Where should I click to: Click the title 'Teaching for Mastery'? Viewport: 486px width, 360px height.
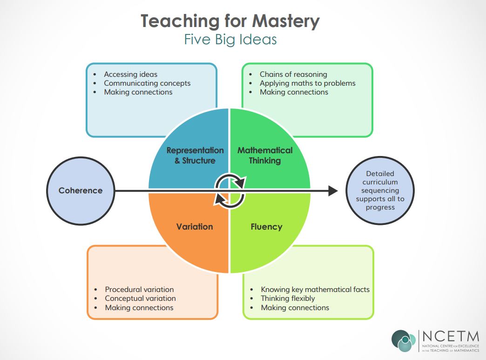[230, 21]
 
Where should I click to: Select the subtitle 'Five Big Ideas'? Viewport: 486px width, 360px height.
[230, 40]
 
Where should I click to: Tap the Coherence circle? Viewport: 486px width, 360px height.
[81, 190]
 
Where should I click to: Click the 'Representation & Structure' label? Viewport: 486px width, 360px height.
[195, 156]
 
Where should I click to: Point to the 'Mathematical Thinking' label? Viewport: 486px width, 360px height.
[265, 156]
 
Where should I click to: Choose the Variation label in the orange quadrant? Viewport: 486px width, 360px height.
[195, 227]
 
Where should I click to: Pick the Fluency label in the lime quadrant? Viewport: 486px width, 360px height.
[266, 227]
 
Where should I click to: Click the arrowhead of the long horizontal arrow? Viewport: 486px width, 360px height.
[332, 190]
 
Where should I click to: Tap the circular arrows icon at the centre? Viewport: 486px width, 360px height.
[229, 190]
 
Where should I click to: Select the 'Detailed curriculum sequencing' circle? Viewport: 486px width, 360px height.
[380, 190]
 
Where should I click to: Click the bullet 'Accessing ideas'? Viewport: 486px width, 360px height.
[130, 75]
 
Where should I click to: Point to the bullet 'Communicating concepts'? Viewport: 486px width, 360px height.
[147, 83]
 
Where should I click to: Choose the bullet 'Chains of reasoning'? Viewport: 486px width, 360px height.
[293, 75]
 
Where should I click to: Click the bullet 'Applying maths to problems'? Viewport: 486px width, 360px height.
[307, 83]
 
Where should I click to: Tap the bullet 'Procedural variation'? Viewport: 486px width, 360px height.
[139, 290]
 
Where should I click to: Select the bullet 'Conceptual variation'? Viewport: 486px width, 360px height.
[140, 299]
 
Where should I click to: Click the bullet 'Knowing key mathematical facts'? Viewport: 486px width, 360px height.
[315, 290]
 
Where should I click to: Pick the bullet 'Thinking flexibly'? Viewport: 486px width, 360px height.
[288, 299]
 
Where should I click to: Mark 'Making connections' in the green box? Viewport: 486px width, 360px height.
[294, 92]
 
